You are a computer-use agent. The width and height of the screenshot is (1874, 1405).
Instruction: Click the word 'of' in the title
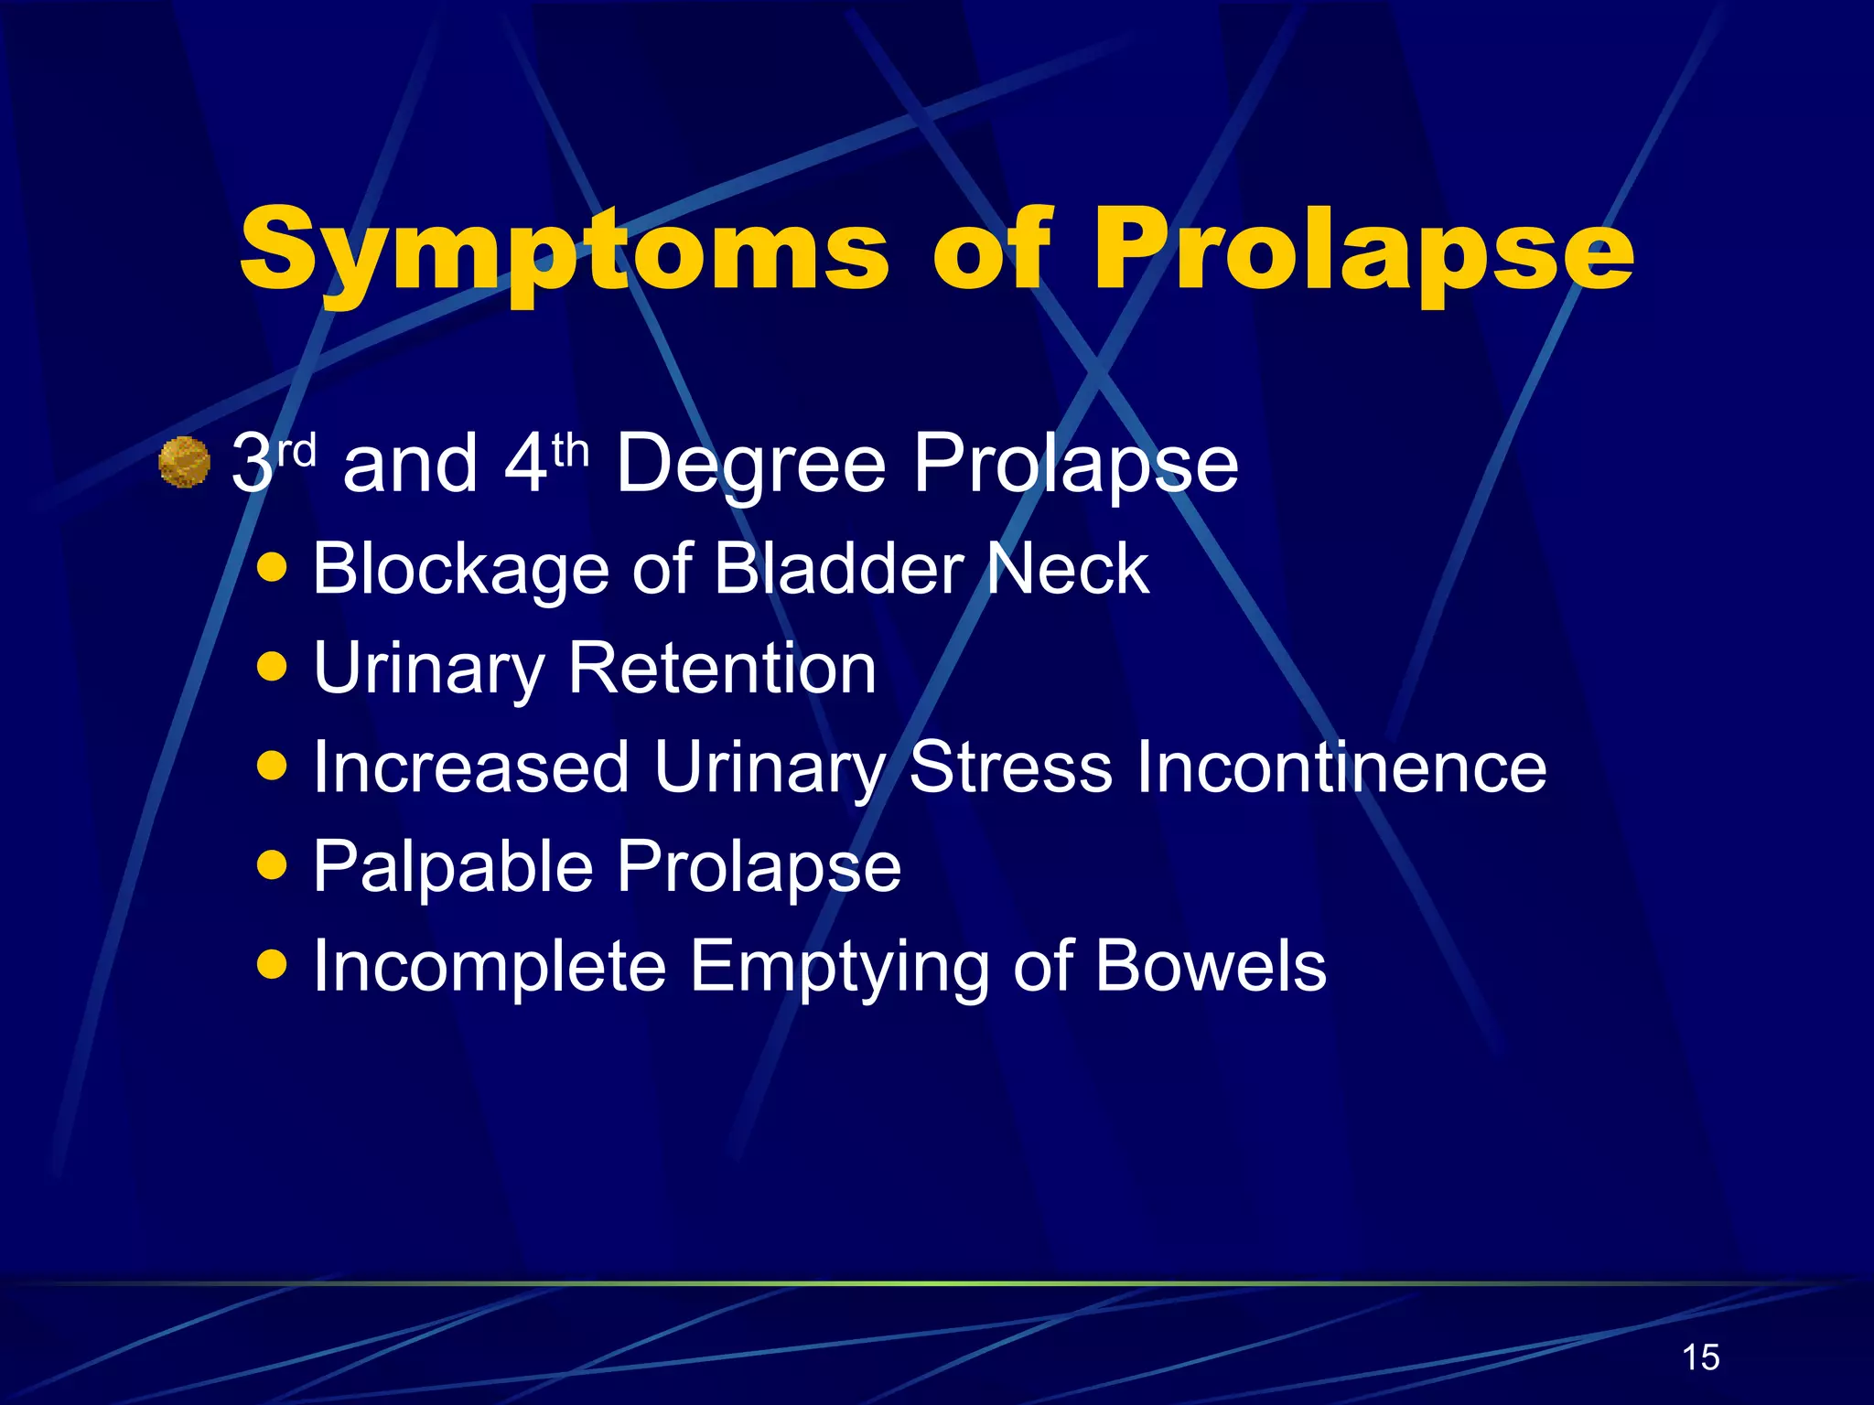point(988,249)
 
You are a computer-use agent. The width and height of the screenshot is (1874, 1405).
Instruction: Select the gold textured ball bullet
point(184,462)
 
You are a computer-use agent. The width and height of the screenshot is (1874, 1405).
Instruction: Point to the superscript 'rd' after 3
point(296,450)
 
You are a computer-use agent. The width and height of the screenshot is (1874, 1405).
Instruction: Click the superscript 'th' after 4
point(570,450)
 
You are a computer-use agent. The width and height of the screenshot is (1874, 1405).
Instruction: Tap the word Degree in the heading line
point(750,465)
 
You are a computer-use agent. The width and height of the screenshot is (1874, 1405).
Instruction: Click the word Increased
point(470,767)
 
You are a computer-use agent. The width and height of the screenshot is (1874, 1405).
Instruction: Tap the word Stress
point(1010,767)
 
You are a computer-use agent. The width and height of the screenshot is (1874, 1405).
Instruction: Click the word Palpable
point(453,866)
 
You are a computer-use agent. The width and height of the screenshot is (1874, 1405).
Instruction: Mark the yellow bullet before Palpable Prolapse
point(272,863)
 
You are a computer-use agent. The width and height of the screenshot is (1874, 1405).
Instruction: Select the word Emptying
point(838,967)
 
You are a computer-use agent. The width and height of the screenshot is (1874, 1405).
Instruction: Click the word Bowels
point(1210,965)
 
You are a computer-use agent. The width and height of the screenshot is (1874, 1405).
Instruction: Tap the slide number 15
point(1700,1357)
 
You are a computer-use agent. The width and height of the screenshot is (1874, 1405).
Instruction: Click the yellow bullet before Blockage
point(272,567)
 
